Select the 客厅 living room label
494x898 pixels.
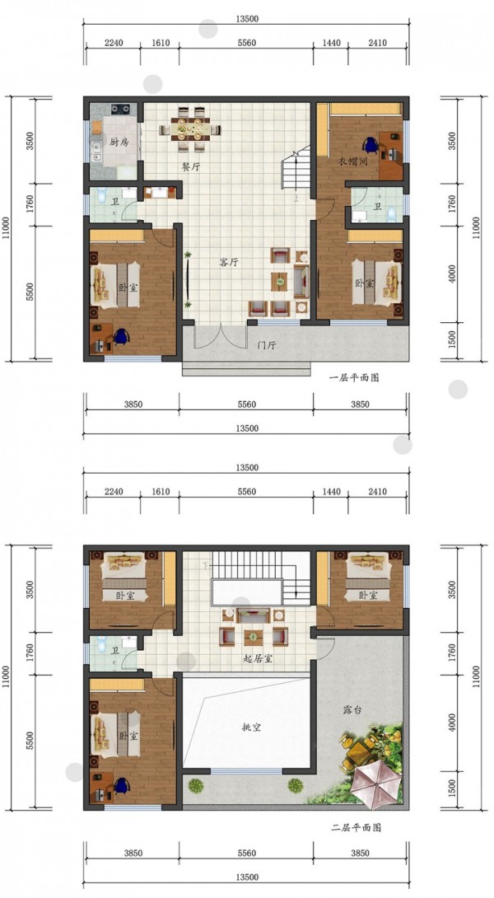[228, 262]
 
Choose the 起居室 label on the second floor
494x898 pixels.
[258, 658]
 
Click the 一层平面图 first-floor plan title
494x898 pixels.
[354, 377]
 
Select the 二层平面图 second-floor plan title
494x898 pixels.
[356, 827]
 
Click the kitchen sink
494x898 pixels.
[96, 150]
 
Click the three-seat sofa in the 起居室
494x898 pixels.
[253, 616]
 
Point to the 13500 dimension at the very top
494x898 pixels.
[246, 18]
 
